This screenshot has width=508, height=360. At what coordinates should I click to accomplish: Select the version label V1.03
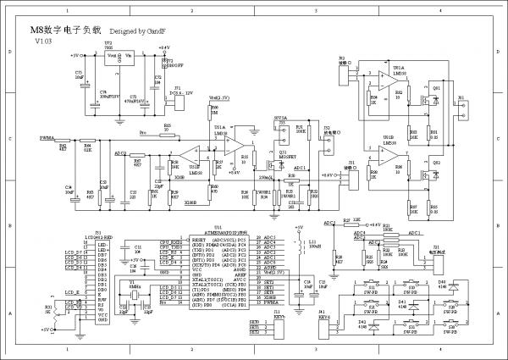point(43,40)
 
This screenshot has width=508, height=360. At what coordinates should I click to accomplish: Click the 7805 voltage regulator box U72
point(119,57)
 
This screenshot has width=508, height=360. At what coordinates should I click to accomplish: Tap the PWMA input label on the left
point(47,137)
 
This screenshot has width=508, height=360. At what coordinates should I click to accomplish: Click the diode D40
point(442,289)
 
